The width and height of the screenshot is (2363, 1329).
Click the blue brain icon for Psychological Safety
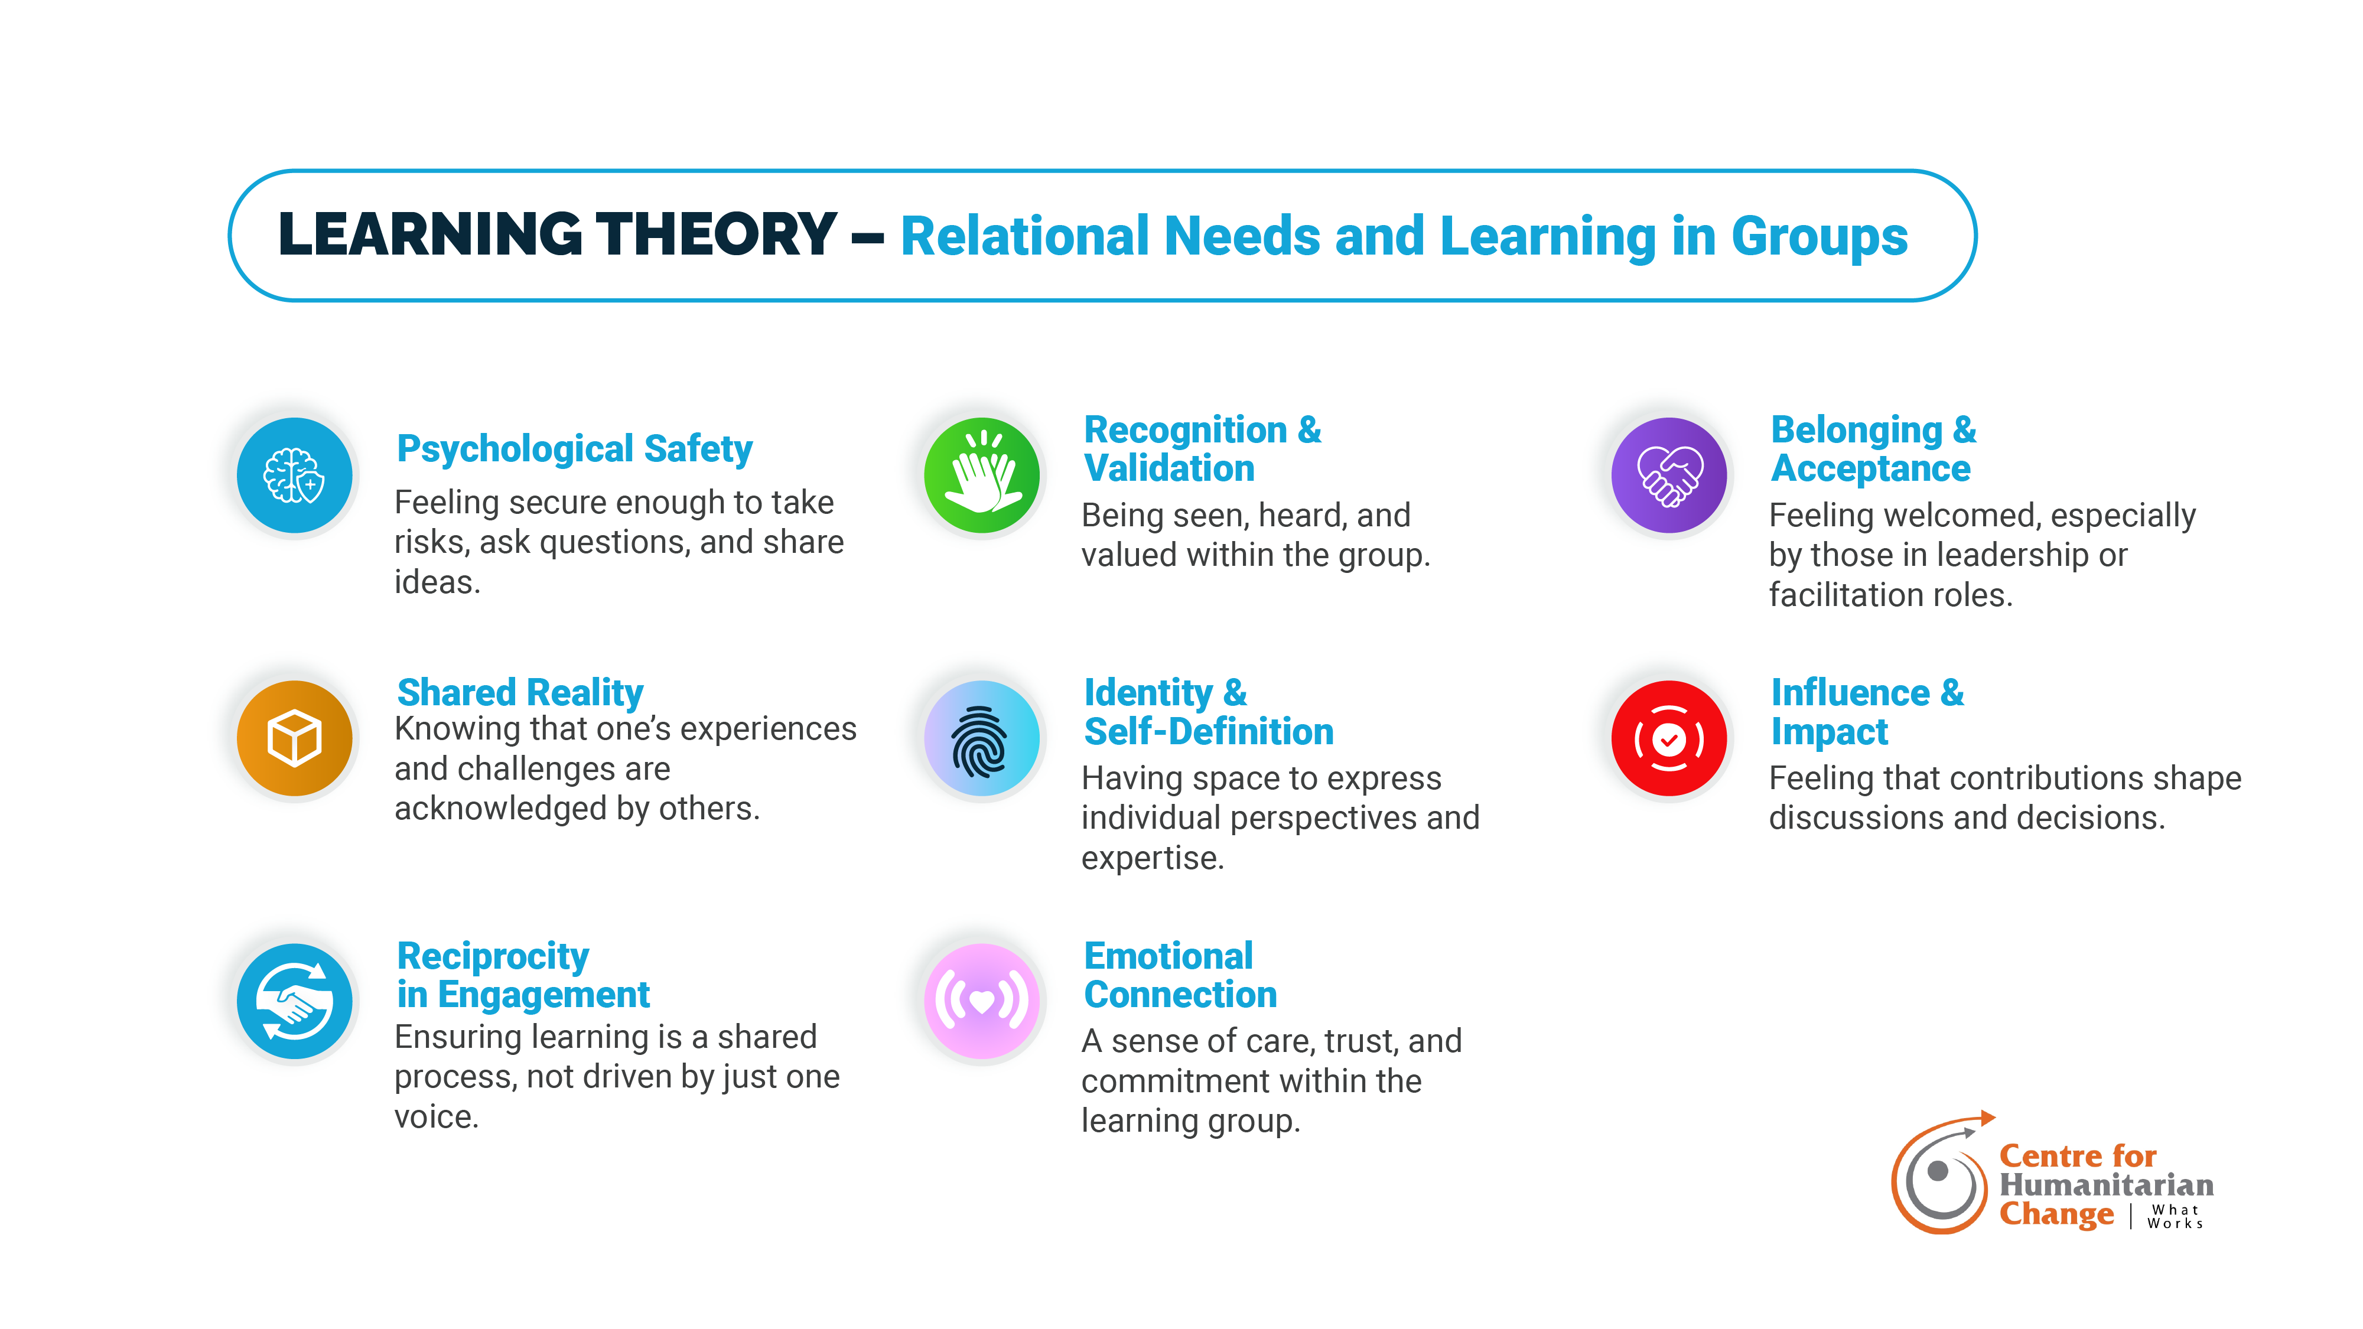coord(294,475)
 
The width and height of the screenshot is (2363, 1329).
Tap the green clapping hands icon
coord(981,475)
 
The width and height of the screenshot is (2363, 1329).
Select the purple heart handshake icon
coord(1669,475)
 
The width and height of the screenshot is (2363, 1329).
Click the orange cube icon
coord(294,737)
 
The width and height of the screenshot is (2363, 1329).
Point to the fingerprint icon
coord(981,737)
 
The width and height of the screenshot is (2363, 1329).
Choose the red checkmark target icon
coord(1669,737)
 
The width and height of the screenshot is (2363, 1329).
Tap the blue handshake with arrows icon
coord(294,1001)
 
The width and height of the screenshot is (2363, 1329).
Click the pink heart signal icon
coord(981,1001)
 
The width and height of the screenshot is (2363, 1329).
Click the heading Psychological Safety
coord(574,449)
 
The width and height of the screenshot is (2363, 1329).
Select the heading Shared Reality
coord(520,692)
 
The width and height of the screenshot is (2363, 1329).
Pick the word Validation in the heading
coord(1169,468)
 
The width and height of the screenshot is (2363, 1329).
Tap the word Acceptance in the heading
coord(1870,468)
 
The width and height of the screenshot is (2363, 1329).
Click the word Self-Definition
coord(1208,732)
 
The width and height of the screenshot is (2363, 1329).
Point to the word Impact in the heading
coord(1829,732)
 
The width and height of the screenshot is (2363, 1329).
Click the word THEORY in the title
coord(715,235)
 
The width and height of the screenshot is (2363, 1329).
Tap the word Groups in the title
coord(1819,237)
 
